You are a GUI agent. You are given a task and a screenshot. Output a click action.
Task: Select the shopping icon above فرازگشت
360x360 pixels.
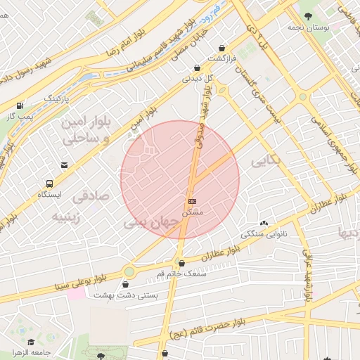tap(223, 48)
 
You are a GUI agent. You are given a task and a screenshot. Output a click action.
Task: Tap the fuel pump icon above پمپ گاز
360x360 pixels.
tap(20, 105)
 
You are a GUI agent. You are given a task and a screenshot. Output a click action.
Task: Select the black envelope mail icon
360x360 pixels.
tap(64, 165)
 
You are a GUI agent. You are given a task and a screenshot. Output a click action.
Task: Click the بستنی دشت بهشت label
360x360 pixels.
tap(126, 295)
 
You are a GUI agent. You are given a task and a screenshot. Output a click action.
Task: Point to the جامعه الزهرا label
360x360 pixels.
tap(31, 352)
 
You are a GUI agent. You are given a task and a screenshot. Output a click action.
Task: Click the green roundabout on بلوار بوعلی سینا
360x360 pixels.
tap(129, 271)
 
